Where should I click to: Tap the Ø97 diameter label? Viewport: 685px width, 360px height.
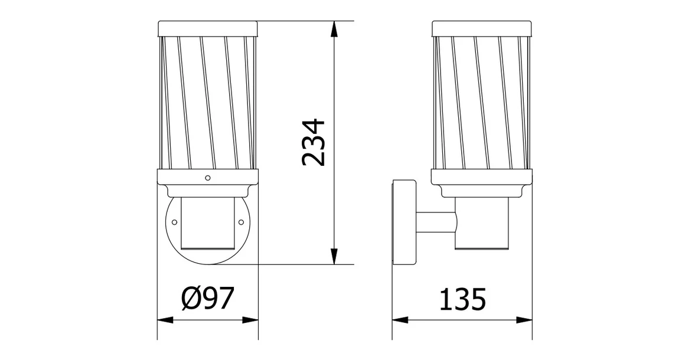[207, 299]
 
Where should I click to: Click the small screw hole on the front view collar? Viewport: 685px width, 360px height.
[207, 177]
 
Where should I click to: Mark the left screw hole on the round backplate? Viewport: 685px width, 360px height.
[174, 222]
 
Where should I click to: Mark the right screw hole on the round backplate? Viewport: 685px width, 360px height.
[241, 222]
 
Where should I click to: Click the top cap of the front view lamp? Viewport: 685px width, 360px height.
[207, 28]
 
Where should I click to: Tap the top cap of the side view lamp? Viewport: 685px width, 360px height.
[482, 28]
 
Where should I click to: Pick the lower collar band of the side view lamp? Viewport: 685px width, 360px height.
[482, 176]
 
